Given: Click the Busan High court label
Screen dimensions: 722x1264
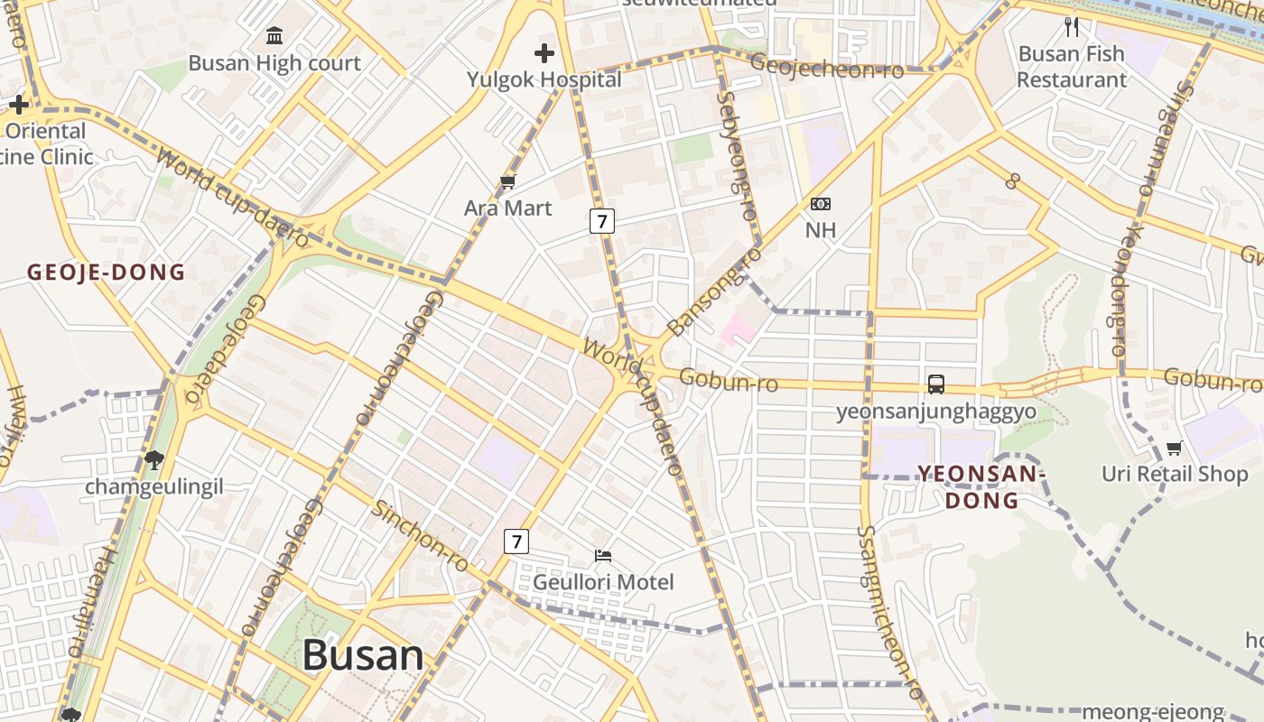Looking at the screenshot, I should point(274,63).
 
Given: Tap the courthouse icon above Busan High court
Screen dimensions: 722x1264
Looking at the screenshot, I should point(274,36).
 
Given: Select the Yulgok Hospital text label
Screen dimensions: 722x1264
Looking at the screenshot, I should point(544,79).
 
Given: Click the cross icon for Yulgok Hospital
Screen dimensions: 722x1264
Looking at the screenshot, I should point(544,53).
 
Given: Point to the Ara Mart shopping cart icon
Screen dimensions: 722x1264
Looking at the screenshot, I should point(507,182).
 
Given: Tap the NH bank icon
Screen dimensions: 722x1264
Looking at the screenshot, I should point(821,204).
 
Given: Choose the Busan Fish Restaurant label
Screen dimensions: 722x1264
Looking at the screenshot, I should point(1072,67).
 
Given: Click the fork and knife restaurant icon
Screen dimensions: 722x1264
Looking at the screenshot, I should point(1072,26).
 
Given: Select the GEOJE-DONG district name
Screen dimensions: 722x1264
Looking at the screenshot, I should point(106,272).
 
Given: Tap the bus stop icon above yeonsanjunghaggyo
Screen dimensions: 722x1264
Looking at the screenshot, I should point(936,384).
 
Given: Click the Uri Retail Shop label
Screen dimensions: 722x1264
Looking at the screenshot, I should point(1175,474).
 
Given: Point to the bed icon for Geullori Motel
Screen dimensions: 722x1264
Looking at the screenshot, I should point(603,555).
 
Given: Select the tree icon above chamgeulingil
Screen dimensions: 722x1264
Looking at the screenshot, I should point(153,459).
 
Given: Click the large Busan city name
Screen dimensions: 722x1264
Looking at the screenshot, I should point(363,655).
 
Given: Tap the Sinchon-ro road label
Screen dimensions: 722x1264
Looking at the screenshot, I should point(421,535).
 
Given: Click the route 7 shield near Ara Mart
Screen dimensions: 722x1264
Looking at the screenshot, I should point(602,220).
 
